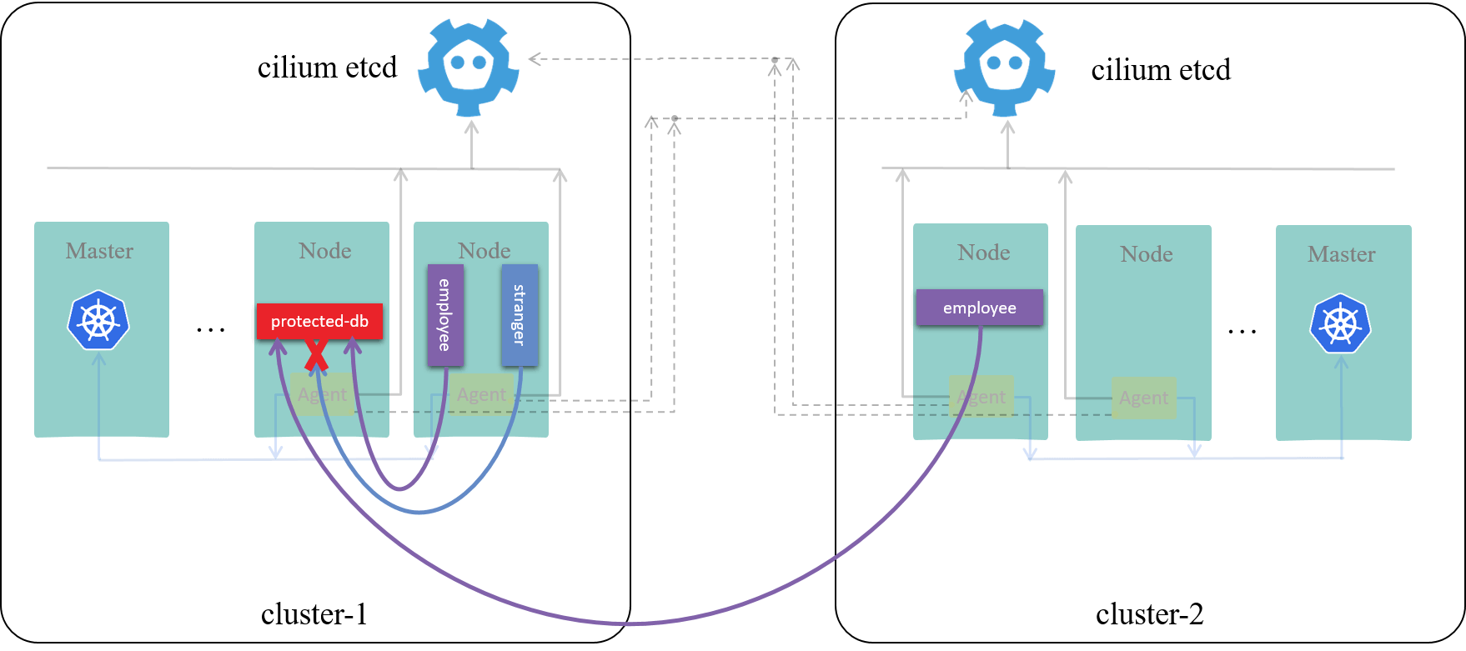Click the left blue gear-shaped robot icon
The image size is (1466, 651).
(468, 67)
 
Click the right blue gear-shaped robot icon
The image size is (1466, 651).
(1004, 67)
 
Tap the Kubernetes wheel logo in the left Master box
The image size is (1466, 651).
(98, 320)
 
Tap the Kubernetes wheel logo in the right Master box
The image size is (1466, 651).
(1340, 323)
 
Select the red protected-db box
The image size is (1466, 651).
(319, 321)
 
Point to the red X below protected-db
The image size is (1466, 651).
(316, 354)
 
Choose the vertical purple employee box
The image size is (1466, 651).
(445, 315)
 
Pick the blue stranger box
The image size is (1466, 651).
(520, 315)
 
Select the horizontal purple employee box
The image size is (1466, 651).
(980, 308)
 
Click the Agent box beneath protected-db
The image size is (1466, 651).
(322, 394)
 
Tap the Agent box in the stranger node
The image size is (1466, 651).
(481, 394)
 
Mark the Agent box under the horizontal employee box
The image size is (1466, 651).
(982, 397)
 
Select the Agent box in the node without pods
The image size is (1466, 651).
(1143, 398)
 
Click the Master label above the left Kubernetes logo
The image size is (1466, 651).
(100, 250)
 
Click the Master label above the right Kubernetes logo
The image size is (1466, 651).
(1342, 253)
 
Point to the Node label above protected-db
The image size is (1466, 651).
(325, 250)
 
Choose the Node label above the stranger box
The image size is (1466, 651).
(484, 250)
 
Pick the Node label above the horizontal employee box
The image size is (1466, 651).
(984, 252)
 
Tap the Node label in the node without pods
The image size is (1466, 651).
(1147, 253)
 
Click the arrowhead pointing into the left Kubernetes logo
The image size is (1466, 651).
(99, 357)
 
